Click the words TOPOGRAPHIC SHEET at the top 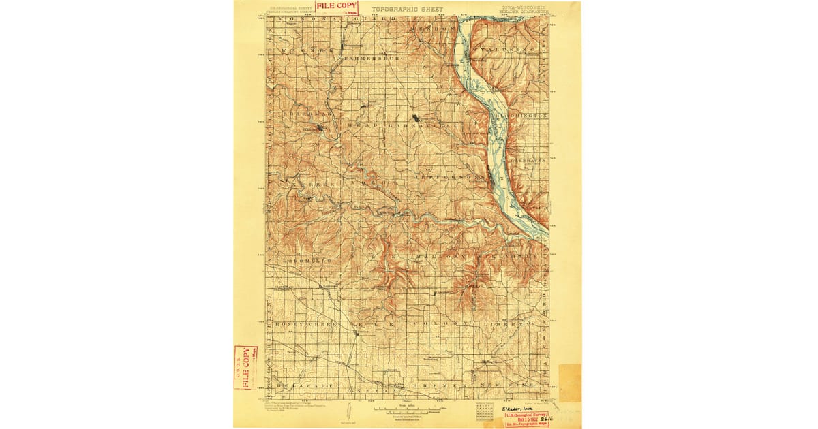click(x=407, y=10)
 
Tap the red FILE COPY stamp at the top click(x=336, y=7)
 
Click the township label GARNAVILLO click(x=417, y=126)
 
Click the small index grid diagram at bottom click(x=485, y=411)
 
